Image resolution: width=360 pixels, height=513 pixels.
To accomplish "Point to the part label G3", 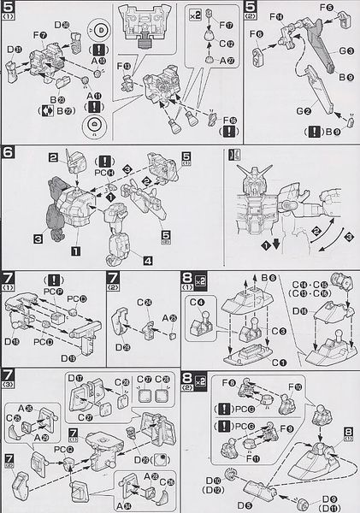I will point(345,51).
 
